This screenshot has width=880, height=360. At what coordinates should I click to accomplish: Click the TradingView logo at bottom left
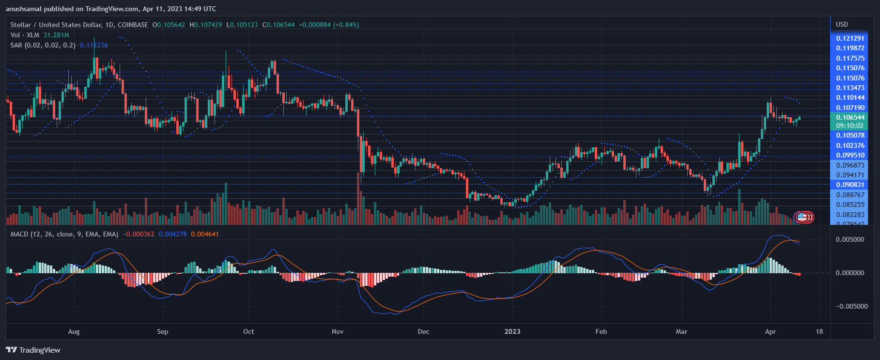[x=33, y=350]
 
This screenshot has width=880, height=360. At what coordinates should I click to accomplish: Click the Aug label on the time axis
[x=74, y=331]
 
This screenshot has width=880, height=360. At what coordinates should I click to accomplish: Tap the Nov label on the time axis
[x=338, y=331]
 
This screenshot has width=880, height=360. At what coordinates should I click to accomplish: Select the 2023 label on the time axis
[x=512, y=331]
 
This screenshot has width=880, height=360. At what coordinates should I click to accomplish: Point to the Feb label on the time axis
[x=601, y=331]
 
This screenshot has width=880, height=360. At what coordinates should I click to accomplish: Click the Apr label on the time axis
[x=770, y=331]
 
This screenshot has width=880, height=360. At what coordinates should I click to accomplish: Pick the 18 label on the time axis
[x=819, y=331]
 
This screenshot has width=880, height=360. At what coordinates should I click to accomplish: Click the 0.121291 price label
[x=850, y=38]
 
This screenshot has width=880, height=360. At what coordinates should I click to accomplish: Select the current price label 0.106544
[x=850, y=117]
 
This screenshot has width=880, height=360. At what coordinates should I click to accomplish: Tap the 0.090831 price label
[x=850, y=185]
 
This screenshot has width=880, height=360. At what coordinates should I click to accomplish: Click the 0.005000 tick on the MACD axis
[x=850, y=239]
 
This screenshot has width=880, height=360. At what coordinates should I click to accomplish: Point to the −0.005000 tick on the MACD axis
[x=848, y=306]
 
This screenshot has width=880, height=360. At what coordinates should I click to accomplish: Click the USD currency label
[x=842, y=24]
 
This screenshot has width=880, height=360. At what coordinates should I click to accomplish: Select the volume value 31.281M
[x=56, y=35]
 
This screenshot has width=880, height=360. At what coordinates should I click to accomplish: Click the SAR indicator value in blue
[x=94, y=45]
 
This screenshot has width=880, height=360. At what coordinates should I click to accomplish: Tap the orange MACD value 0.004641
[x=205, y=234]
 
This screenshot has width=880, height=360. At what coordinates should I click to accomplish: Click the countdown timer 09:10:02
[x=849, y=125]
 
